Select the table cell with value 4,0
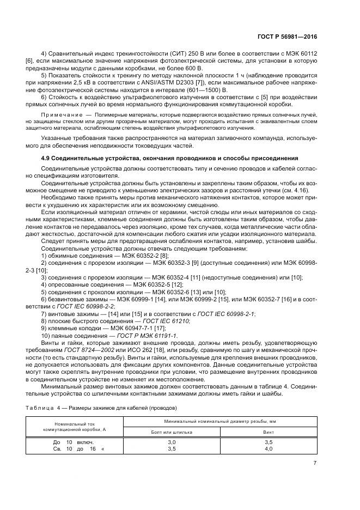[269, 448]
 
